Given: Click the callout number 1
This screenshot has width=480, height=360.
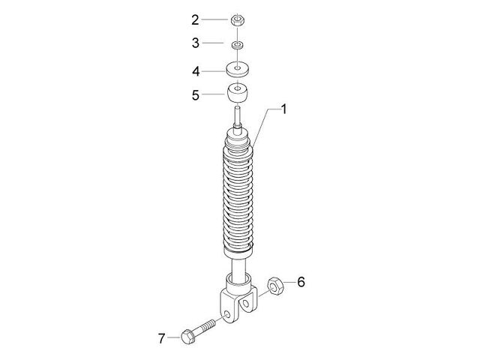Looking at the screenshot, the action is pyautogui.click(x=284, y=109).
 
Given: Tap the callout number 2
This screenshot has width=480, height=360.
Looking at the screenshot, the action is pyautogui.click(x=195, y=20).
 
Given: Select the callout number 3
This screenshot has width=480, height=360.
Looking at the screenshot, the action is pyautogui.click(x=195, y=43).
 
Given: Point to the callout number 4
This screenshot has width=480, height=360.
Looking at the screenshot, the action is pyautogui.click(x=196, y=72).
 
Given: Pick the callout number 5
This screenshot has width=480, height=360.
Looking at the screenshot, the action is pyautogui.click(x=195, y=95).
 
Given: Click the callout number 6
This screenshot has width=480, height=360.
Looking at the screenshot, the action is pyautogui.click(x=301, y=282).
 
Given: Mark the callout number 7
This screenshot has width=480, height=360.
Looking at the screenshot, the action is pyautogui.click(x=162, y=338).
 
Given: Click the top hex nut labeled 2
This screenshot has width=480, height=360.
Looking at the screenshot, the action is pyautogui.click(x=237, y=20).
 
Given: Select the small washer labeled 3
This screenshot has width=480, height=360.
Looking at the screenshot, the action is pyautogui.click(x=237, y=45).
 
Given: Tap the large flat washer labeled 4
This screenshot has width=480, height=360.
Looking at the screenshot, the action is pyautogui.click(x=238, y=69).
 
